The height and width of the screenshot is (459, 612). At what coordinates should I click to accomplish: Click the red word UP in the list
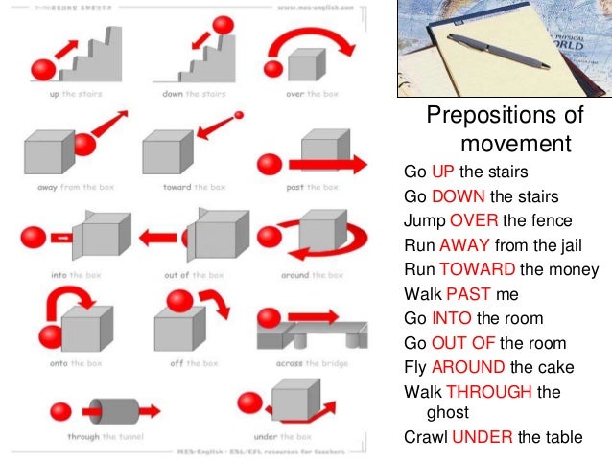point(441,172)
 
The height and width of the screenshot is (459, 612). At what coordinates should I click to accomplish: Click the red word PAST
point(466,294)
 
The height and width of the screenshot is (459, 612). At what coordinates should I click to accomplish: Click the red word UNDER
point(483,438)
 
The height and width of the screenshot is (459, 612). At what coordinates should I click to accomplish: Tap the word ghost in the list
point(446,413)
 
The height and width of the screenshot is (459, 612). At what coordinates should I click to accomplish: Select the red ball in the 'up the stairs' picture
point(43,69)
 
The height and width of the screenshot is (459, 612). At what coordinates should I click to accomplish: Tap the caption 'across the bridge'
point(307,364)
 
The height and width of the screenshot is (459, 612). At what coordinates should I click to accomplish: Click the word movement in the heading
point(515,145)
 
